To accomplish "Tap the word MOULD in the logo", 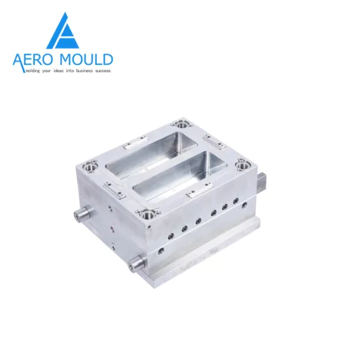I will (x=88, y=60).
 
